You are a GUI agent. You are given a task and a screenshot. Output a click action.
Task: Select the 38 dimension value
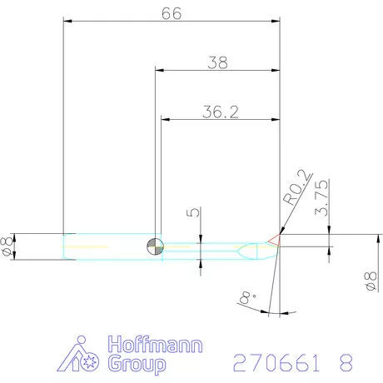click(216, 62)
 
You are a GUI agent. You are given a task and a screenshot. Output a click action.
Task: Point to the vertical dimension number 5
click(192, 213)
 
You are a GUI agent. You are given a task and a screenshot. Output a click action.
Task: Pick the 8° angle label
click(244, 297)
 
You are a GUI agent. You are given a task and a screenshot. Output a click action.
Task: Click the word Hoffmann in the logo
click(156, 345)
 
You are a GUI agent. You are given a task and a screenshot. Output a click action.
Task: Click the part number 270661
click(269, 363)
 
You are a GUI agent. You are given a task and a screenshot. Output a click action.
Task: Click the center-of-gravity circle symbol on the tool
click(154, 246)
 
